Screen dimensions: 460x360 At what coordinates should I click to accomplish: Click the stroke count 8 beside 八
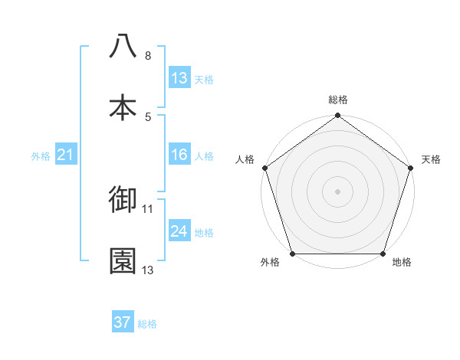147,56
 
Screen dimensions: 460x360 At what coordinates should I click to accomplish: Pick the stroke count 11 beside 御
148,208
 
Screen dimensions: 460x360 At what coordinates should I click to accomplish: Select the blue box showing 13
179,78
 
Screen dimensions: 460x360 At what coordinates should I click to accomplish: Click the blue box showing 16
179,155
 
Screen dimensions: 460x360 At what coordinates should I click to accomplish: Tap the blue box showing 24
179,231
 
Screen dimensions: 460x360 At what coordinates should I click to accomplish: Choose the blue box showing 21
65,155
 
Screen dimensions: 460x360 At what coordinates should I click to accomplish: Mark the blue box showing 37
123,322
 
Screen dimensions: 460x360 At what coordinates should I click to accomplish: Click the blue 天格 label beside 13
204,80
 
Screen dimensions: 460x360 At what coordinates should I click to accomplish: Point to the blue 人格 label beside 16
204,156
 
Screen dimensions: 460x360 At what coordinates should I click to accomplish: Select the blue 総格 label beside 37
147,324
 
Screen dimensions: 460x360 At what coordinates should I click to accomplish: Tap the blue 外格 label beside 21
41,156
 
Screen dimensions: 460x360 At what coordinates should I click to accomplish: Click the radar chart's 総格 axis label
338,100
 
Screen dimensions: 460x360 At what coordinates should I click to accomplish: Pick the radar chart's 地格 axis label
402,263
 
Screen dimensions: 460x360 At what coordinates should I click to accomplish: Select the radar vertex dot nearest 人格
264,168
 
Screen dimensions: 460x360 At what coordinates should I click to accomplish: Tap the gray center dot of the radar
338,191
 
